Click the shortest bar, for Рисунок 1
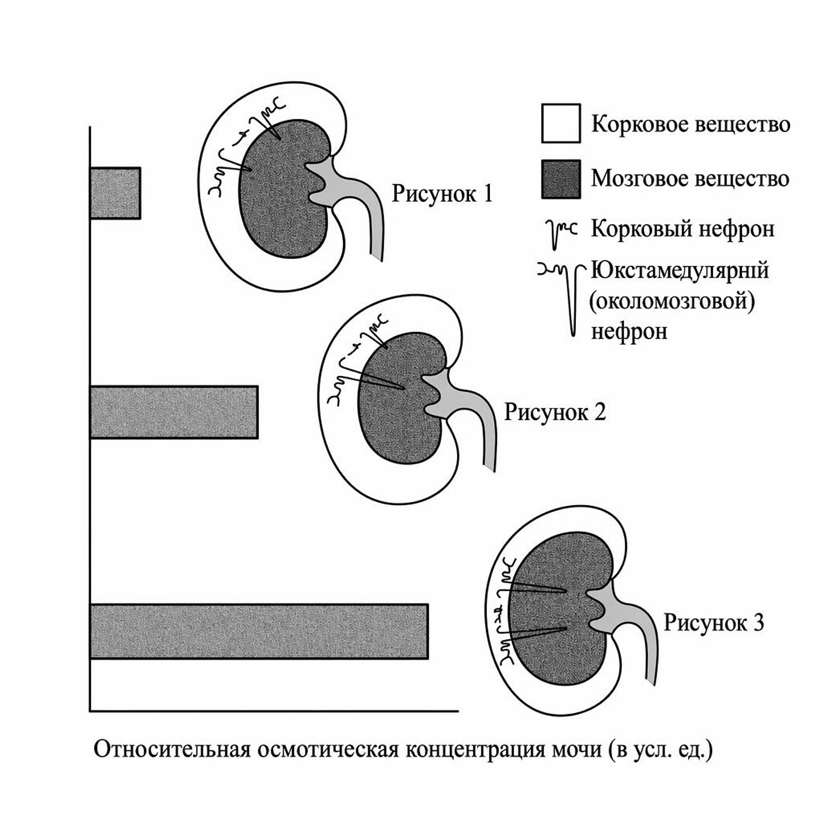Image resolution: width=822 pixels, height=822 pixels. pos(115,193)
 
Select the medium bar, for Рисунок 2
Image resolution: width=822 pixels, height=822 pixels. pos(174,412)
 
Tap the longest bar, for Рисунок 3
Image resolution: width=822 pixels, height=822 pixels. pos(259,631)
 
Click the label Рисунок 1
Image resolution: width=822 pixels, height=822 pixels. pos(442,193)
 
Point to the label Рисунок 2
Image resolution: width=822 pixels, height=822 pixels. pos(555,412)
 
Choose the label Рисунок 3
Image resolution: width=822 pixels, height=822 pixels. pos(713,623)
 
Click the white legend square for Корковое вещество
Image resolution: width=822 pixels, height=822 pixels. pos(561,123)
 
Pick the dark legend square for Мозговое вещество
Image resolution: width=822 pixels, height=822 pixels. pos(561,179)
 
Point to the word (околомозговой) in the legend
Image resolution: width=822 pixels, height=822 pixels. pos(672,301)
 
